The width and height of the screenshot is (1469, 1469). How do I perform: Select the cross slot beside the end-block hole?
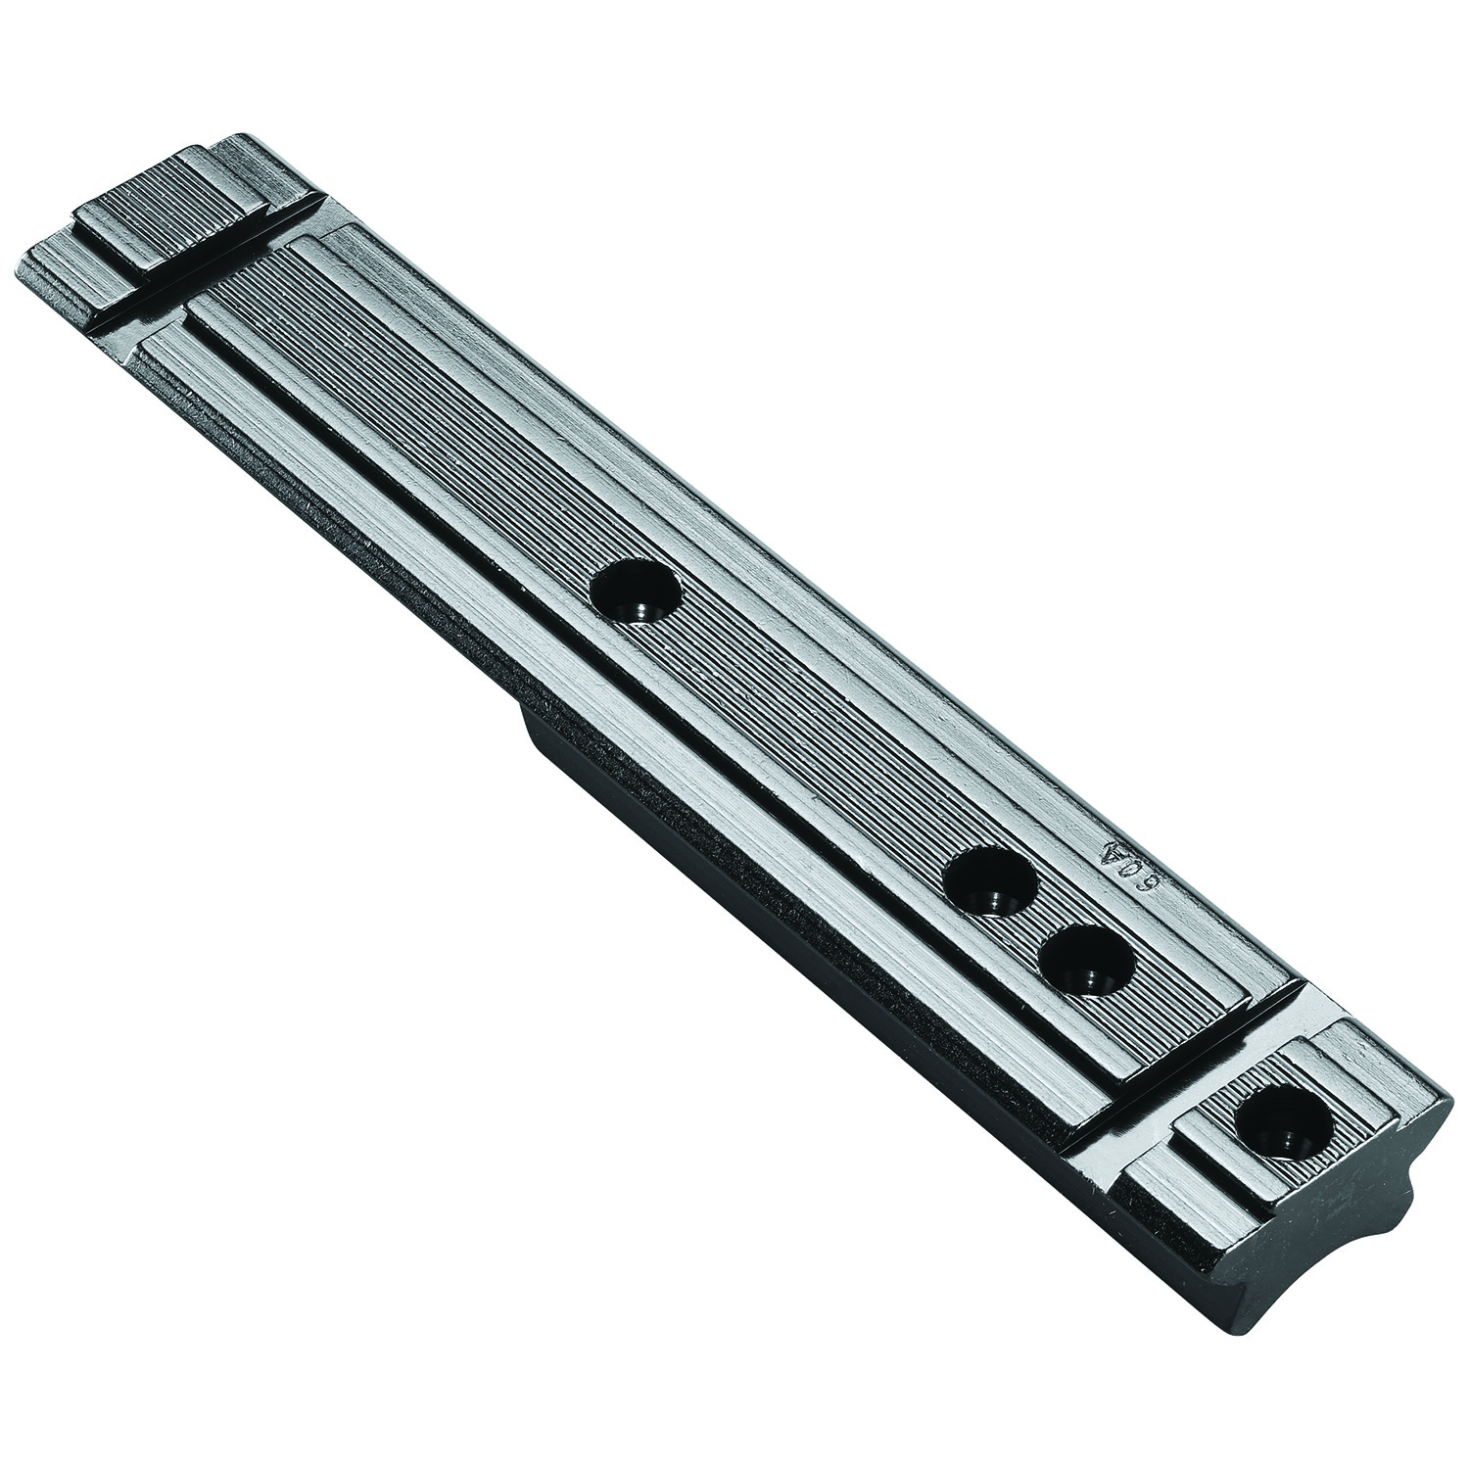click(x=1190, y=1097)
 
